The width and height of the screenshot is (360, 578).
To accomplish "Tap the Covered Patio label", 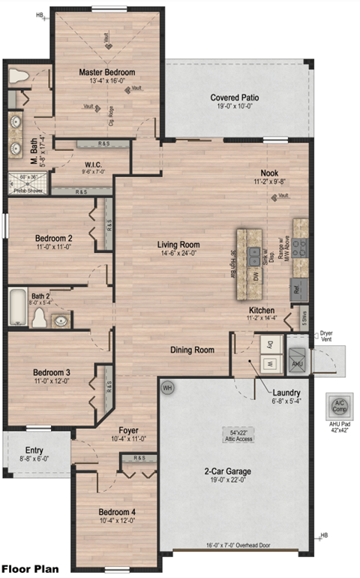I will pos(235,98).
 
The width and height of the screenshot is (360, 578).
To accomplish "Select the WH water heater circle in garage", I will pos(168,387).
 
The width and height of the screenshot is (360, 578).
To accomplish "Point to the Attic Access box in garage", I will pos(237,436).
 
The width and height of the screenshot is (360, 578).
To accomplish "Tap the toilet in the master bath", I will pos(18,76).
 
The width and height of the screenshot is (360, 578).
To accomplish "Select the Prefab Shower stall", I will pos(27,182).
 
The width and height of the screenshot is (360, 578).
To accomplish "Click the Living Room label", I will pos(178,245).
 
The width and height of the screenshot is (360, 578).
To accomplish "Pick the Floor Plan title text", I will pos(29,569).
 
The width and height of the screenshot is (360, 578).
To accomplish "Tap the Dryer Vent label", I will pos(326,336).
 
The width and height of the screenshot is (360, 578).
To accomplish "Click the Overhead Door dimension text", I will pos(235,546).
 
